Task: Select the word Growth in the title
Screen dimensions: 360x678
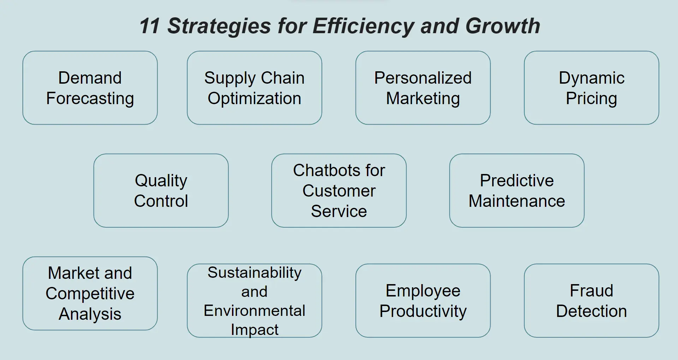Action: (502, 26)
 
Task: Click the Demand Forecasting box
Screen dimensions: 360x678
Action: (90, 88)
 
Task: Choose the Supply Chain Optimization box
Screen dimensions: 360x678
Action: (254, 88)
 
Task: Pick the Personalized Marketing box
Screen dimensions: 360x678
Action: (423, 88)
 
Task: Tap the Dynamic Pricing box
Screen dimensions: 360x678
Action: (591, 88)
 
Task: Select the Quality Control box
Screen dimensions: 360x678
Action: (161, 191)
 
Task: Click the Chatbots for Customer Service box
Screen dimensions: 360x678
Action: (339, 191)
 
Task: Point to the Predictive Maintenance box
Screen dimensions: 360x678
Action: (517, 191)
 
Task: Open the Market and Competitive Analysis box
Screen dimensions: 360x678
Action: (90, 294)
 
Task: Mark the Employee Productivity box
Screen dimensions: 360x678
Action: (423, 301)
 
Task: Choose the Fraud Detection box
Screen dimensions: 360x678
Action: (591, 301)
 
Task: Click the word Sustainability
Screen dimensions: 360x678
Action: (254, 272)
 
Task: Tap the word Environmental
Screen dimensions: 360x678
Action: (254, 311)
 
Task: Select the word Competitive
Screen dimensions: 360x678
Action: (90, 294)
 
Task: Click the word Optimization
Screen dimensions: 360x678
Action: (254, 98)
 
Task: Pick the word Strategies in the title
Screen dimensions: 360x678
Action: (219, 26)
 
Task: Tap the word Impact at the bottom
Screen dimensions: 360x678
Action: (254, 330)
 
